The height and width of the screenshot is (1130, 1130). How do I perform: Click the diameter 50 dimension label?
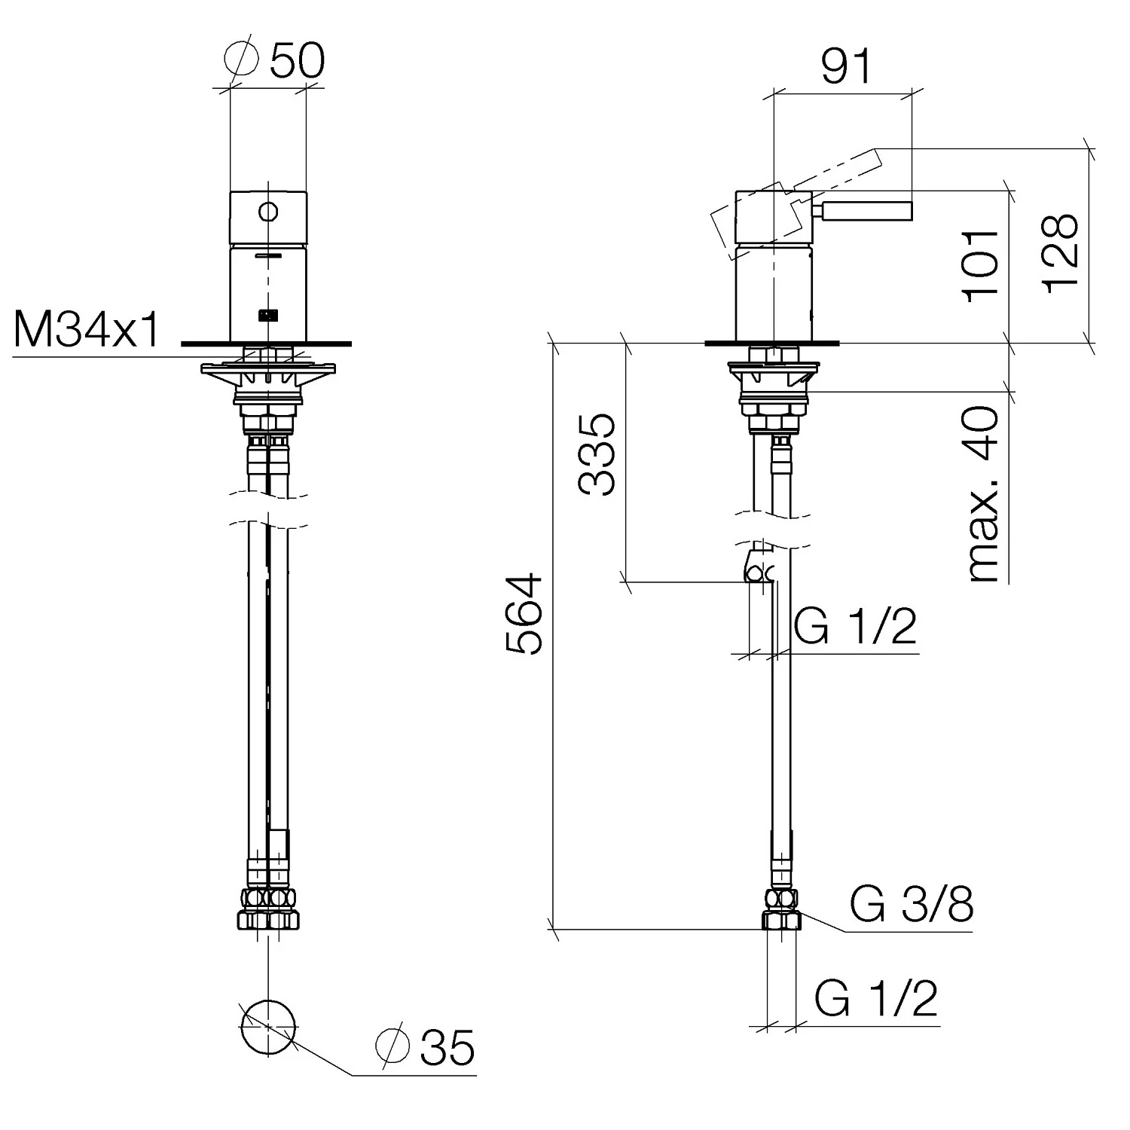(x=275, y=60)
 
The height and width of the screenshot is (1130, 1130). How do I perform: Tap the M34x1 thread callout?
(x=87, y=330)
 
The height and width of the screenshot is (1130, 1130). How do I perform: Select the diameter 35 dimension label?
(x=425, y=1047)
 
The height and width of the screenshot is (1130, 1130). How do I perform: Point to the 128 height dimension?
(x=1061, y=253)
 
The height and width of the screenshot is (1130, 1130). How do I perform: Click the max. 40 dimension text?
(x=982, y=494)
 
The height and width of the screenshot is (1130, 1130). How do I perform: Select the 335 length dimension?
(x=597, y=454)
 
